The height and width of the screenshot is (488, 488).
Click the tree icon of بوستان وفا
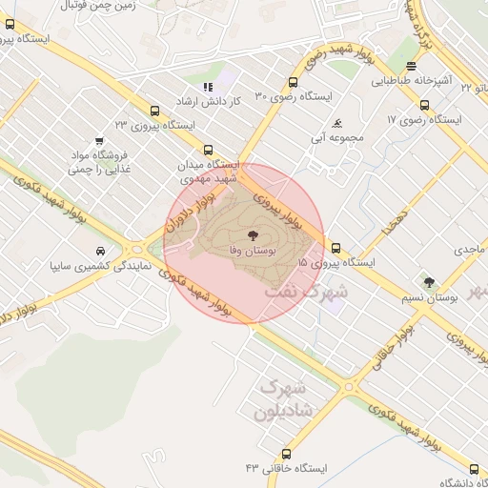(x=253, y=234)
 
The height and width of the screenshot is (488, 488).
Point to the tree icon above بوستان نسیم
(x=428, y=281)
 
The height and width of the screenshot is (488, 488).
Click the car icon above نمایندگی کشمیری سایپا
(x=99, y=251)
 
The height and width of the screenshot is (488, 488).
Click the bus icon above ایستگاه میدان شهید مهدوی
(x=209, y=149)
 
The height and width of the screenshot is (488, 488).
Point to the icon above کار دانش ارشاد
(x=209, y=87)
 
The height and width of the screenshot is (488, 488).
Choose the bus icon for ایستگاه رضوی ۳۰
(x=293, y=82)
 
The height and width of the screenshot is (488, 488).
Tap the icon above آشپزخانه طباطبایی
(x=411, y=66)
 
